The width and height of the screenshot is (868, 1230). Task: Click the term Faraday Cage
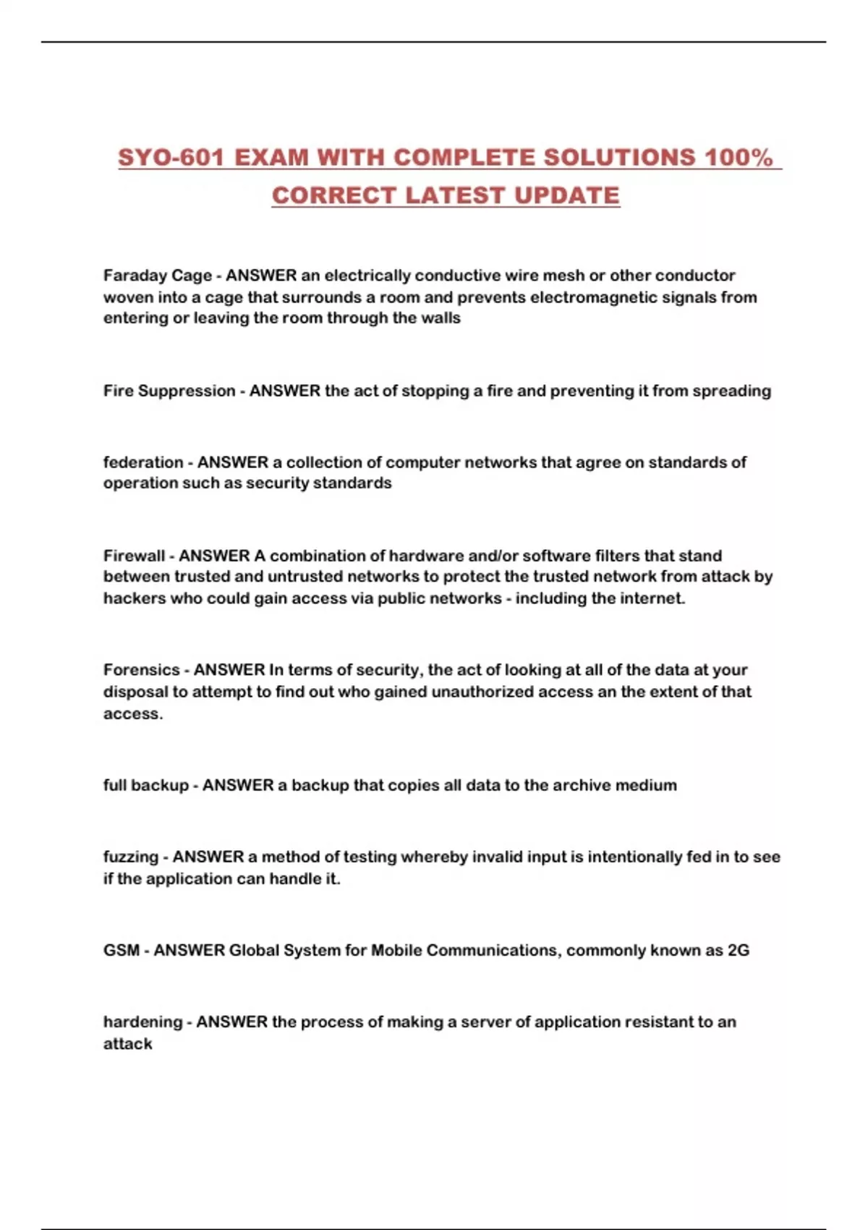tap(158, 276)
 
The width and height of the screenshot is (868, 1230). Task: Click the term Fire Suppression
tap(169, 391)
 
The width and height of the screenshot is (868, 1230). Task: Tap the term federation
tap(143, 462)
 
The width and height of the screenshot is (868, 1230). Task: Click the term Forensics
tap(142, 670)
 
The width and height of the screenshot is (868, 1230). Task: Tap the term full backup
tap(146, 785)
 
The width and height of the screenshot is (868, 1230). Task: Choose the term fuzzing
tap(131, 857)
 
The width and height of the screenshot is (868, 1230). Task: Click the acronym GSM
tap(122, 950)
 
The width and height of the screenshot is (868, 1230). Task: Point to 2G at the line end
tap(738, 950)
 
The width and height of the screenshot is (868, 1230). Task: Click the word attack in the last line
tap(128, 1043)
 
